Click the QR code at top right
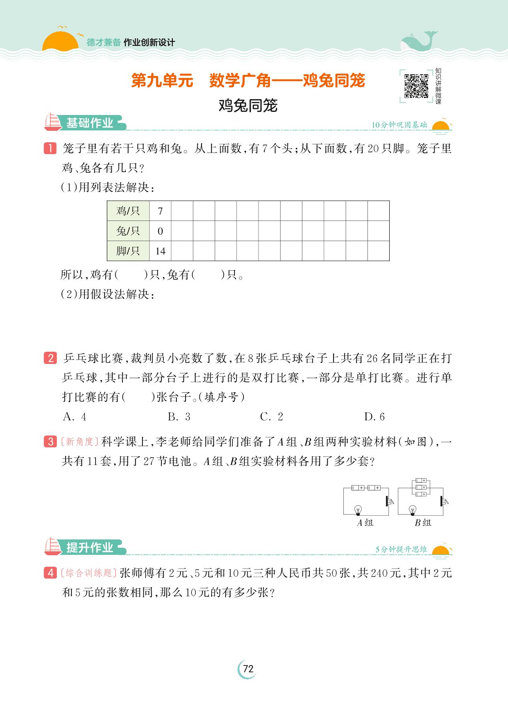[416, 86]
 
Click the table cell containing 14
[160, 251]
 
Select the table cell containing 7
[160, 211]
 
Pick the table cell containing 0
[160, 231]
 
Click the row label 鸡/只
[128, 211]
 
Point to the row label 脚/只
[128, 251]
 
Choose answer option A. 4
[75, 417]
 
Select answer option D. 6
[374, 417]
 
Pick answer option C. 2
[272, 417]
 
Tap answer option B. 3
[179, 417]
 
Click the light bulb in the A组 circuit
[358, 509]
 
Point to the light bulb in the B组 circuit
[413, 509]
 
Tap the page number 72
[248, 669]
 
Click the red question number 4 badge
[51, 573]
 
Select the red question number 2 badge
[51, 358]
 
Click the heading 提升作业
[90, 548]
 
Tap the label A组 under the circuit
[365, 523]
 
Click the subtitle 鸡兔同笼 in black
[248, 106]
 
